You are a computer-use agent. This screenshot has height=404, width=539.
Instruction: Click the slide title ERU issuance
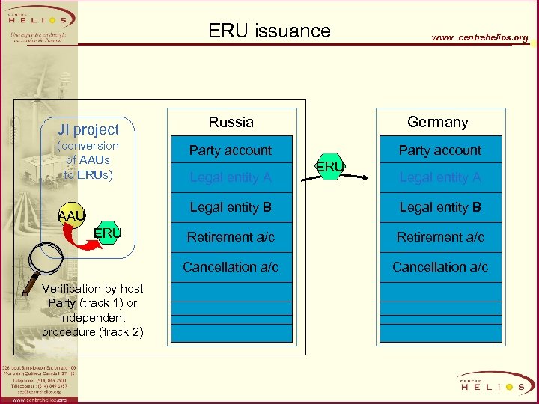pyautogui.click(x=269, y=31)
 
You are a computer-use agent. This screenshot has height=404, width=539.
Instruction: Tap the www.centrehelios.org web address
pyautogui.click(x=479, y=37)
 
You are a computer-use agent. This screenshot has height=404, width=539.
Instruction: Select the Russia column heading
pyautogui.click(x=231, y=122)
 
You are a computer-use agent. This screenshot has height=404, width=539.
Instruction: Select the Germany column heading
pyautogui.click(x=438, y=122)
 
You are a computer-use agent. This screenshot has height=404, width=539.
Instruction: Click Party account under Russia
pyautogui.click(x=231, y=150)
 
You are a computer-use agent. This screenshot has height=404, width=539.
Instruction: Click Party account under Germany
pyautogui.click(x=439, y=150)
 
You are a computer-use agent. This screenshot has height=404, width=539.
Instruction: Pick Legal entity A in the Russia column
pyautogui.click(x=231, y=177)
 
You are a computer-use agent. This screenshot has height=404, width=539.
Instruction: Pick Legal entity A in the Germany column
pyautogui.click(x=439, y=177)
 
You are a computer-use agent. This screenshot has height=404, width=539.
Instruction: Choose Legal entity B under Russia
pyautogui.click(x=231, y=207)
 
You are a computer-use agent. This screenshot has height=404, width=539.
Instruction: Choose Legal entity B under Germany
pyautogui.click(x=439, y=207)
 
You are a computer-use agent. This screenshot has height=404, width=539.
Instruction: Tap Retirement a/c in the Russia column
pyautogui.click(x=231, y=237)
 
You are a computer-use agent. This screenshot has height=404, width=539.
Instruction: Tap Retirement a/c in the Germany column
pyautogui.click(x=439, y=237)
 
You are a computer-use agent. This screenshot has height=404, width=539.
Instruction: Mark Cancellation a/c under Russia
pyautogui.click(x=231, y=266)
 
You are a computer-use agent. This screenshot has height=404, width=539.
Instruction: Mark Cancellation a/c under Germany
pyautogui.click(x=439, y=266)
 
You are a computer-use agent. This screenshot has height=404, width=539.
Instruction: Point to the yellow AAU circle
pyautogui.click(x=72, y=215)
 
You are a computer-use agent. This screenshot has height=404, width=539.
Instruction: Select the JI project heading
pyautogui.click(x=89, y=129)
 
